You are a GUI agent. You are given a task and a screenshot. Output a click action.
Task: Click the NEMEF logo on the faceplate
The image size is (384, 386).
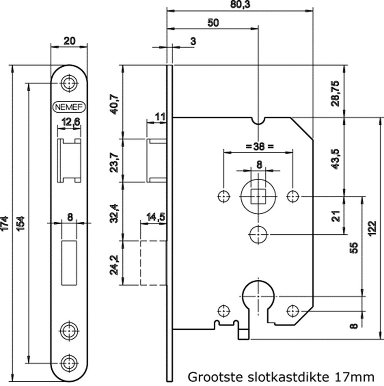click(x=69, y=107)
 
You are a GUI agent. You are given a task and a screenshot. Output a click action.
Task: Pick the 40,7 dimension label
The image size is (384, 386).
click(x=115, y=102)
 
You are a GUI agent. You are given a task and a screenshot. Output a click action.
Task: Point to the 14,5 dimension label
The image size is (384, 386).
click(x=156, y=218)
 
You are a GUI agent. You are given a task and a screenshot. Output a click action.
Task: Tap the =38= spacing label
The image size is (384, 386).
click(x=259, y=146)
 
